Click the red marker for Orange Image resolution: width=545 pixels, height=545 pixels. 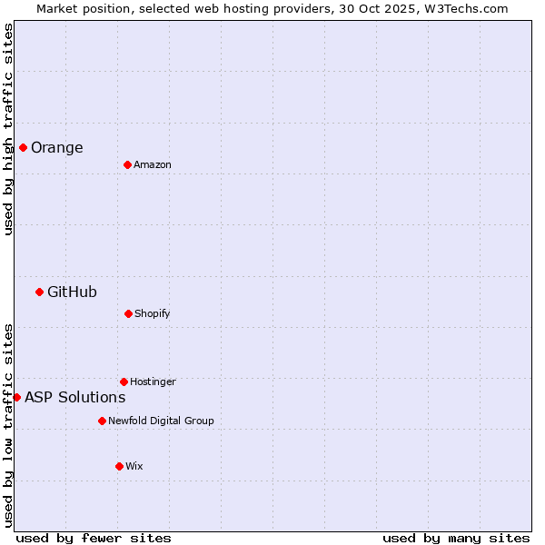tap(23, 147)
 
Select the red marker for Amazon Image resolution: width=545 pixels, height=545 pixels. tap(127, 164)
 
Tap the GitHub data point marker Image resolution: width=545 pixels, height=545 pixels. tap(39, 292)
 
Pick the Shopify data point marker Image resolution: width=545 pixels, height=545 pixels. tap(128, 313)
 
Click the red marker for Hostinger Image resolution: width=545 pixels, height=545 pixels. tap(124, 381)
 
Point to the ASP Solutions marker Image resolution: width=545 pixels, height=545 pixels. tap(16, 397)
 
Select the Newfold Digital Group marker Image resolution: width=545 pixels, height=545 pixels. tap(102, 421)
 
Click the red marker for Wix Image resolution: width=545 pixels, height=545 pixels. tap(119, 466)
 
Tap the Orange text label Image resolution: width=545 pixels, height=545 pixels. tap(57, 148)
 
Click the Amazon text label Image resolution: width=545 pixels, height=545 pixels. tap(153, 165)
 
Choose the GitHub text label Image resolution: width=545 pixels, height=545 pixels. tap(72, 292)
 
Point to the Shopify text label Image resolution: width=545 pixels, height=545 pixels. tap(153, 314)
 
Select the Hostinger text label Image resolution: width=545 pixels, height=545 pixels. tap(153, 382)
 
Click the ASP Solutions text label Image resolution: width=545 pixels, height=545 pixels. tap(75, 398)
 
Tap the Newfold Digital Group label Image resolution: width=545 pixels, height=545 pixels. tap(161, 421)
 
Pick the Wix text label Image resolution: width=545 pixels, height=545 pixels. tap(134, 467)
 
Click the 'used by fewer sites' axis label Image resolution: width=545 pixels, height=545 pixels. tap(94, 539)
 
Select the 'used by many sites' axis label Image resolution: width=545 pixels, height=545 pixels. tap(456, 539)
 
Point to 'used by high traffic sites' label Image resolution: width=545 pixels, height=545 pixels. tap(8, 129)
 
